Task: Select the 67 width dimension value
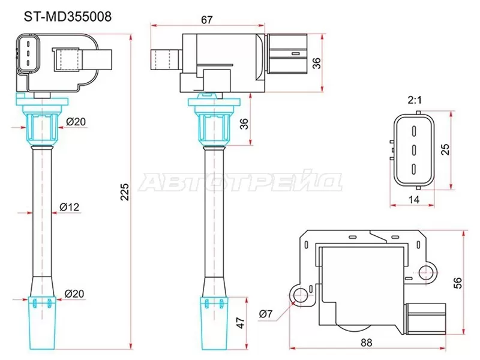[x=207, y=19]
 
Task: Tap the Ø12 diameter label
[x=70, y=207]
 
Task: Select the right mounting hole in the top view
[x=427, y=273]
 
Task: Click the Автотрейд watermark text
[x=240, y=182]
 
